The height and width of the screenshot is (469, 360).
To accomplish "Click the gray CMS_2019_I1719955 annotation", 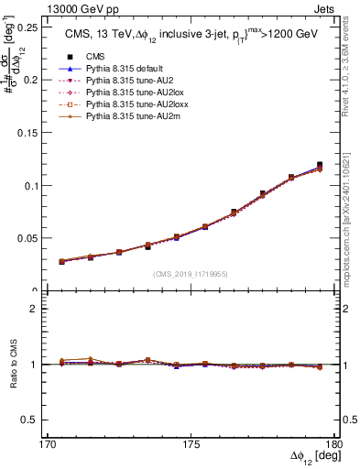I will [191, 274].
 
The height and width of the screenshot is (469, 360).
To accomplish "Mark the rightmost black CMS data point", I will [320, 165].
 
